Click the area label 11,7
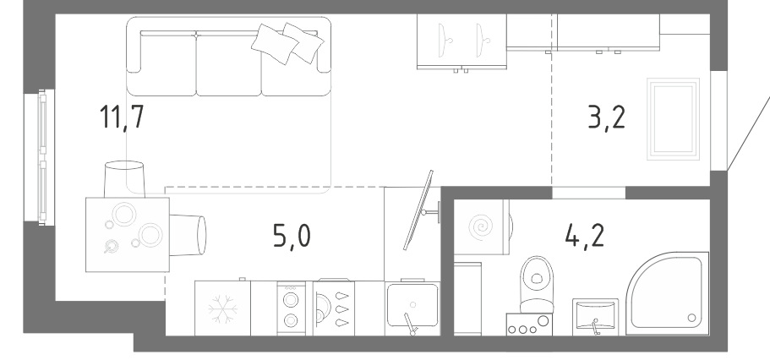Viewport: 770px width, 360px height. [x=122, y=117]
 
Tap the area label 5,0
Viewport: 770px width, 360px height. [x=292, y=236]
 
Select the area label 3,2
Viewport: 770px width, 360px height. [x=607, y=117]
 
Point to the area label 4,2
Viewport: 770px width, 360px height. [x=585, y=235]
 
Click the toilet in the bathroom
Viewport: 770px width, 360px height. [x=536, y=285]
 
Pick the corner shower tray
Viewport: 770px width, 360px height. [x=668, y=293]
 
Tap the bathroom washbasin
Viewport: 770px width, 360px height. [x=596, y=317]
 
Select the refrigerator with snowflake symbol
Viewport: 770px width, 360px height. [x=222, y=308]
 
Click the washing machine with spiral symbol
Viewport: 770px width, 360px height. [x=481, y=227]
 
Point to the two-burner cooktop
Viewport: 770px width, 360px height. [x=291, y=308]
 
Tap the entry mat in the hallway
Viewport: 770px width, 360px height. [x=674, y=119]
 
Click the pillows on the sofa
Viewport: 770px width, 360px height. [x=287, y=43]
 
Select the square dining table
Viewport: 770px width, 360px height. [x=128, y=234]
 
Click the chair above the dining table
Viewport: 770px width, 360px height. [x=124, y=179]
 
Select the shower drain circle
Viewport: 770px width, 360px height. [x=691, y=318]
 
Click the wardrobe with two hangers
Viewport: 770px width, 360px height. [x=461, y=41]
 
